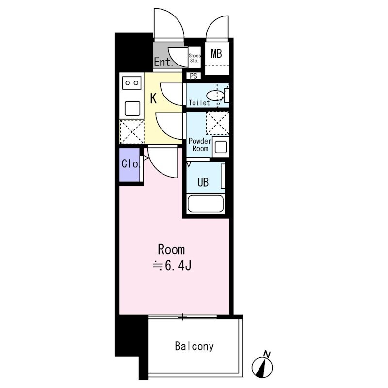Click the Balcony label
(x=194, y=346)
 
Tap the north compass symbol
(x=262, y=365)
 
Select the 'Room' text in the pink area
(x=171, y=250)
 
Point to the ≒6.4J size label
(x=172, y=266)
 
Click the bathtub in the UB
(x=206, y=204)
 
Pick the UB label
(x=203, y=182)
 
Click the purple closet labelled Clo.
(x=129, y=164)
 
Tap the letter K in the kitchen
(x=153, y=98)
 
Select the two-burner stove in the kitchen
(x=131, y=82)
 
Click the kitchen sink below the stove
(x=132, y=109)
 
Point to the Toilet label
(x=199, y=103)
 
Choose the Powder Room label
(x=200, y=145)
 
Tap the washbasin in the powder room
(x=221, y=147)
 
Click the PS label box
(x=194, y=76)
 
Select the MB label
(x=216, y=54)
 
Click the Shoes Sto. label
(x=194, y=58)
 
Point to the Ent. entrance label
(x=163, y=62)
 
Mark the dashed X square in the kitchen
(x=132, y=131)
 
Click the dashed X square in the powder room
(x=217, y=123)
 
